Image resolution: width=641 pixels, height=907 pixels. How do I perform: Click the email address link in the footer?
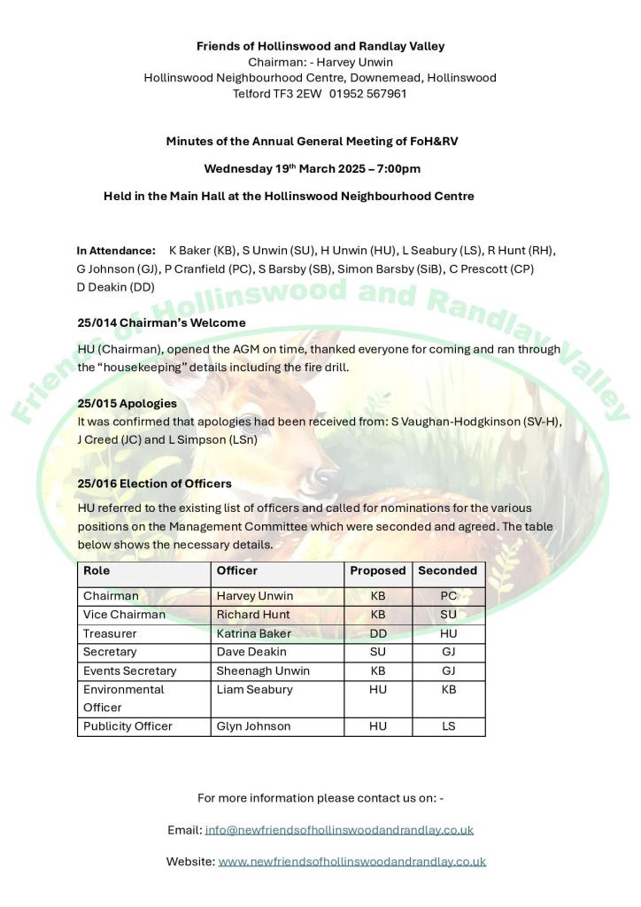pyautogui.click(x=339, y=830)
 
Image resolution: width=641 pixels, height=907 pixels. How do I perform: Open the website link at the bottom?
pyautogui.click(x=351, y=861)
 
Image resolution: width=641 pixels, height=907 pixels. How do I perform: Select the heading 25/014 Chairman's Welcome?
pyautogui.click(x=161, y=322)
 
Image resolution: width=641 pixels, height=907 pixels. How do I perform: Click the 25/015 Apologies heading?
pyautogui.click(x=127, y=403)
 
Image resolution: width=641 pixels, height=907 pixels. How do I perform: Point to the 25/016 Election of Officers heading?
pyautogui.click(x=154, y=484)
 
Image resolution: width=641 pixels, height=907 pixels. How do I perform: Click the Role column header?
pyautogui.click(x=97, y=571)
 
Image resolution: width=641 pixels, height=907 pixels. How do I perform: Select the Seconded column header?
pyautogui.click(x=447, y=571)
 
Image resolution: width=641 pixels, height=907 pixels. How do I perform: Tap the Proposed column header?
pyautogui.click(x=377, y=571)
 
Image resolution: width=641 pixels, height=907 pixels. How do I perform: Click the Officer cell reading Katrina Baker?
pyautogui.click(x=253, y=633)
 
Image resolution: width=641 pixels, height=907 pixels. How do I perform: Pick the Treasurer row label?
pyautogui.click(x=109, y=633)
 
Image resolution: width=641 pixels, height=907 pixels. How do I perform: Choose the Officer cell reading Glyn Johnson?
pyautogui.click(x=253, y=726)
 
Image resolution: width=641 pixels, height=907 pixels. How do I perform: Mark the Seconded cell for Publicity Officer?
pyautogui.click(x=448, y=726)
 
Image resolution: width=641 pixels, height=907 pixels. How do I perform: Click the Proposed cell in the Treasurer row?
pyautogui.click(x=378, y=633)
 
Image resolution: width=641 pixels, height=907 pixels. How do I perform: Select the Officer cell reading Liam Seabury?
pyautogui.click(x=254, y=689)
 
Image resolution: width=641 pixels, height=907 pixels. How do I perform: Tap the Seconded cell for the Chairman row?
pyautogui.click(x=448, y=596)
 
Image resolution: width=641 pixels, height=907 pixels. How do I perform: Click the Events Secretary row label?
pyautogui.click(x=129, y=671)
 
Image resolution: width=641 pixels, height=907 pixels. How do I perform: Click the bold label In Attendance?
pyautogui.click(x=116, y=251)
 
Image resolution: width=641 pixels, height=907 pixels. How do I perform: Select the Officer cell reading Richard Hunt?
pyautogui.click(x=252, y=615)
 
